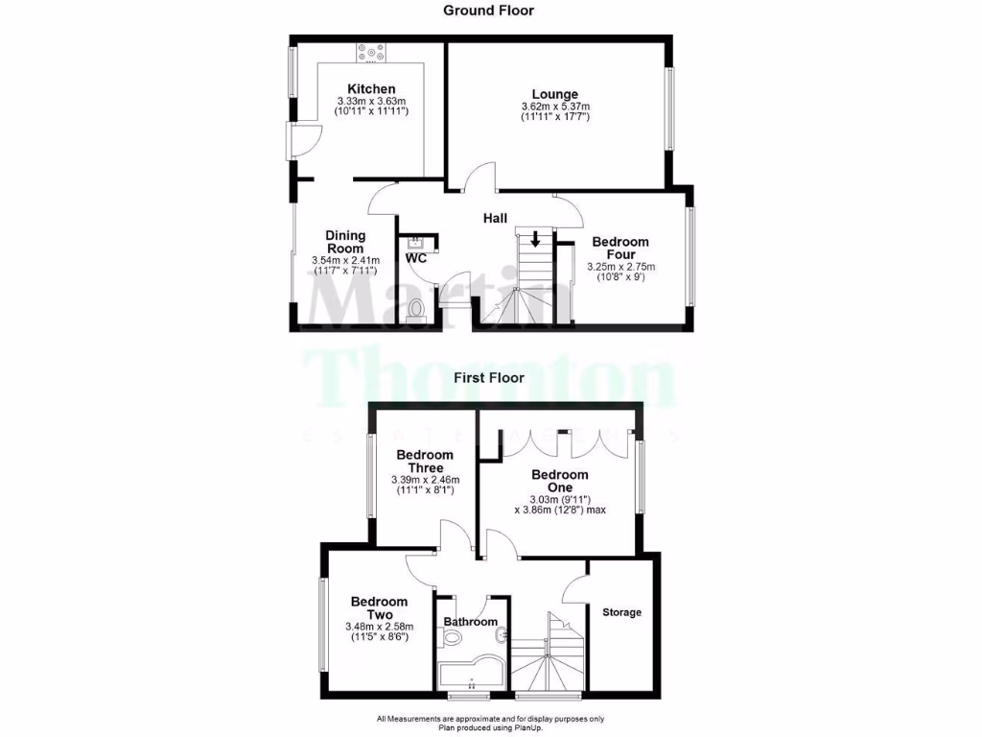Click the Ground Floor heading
pyautogui.click(x=488, y=11)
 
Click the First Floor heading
pyautogui.click(x=488, y=378)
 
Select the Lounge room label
pyautogui.click(x=555, y=94)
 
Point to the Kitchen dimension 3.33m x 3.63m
pyautogui.click(x=371, y=101)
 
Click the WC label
pyautogui.click(x=416, y=259)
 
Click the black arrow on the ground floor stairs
pyautogui.click(x=535, y=238)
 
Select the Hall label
pyautogui.click(x=495, y=219)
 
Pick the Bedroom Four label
pyautogui.click(x=620, y=249)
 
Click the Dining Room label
pyautogui.click(x=345, y=241)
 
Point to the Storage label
pyautogui.click(x=621, y=612)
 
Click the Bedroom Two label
pyautogui.click(x=379, y=608)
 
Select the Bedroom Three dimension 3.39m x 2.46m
pyautogui.click(x=425, y=480)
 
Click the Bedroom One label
pyautogui.click(x=560, y=481)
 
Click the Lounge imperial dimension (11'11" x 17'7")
pyautogui.click(x=555, y=117)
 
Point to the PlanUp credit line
pyautogui.click(x=490, y=727)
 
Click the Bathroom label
pyautogui.click(x=471, y=622)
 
